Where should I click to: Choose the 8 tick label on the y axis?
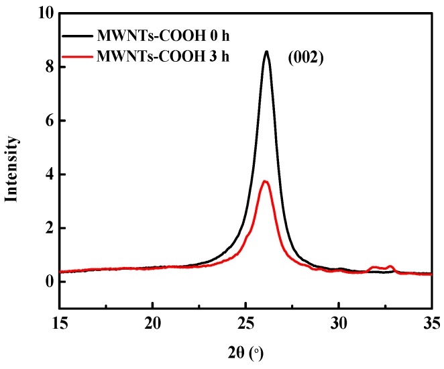click(46, 67)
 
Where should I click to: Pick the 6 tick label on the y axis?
click(46, 121)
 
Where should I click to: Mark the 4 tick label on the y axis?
click(46, 174)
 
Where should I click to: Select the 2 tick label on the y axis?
click(46, 228)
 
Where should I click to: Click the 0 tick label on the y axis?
click(46, 282)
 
